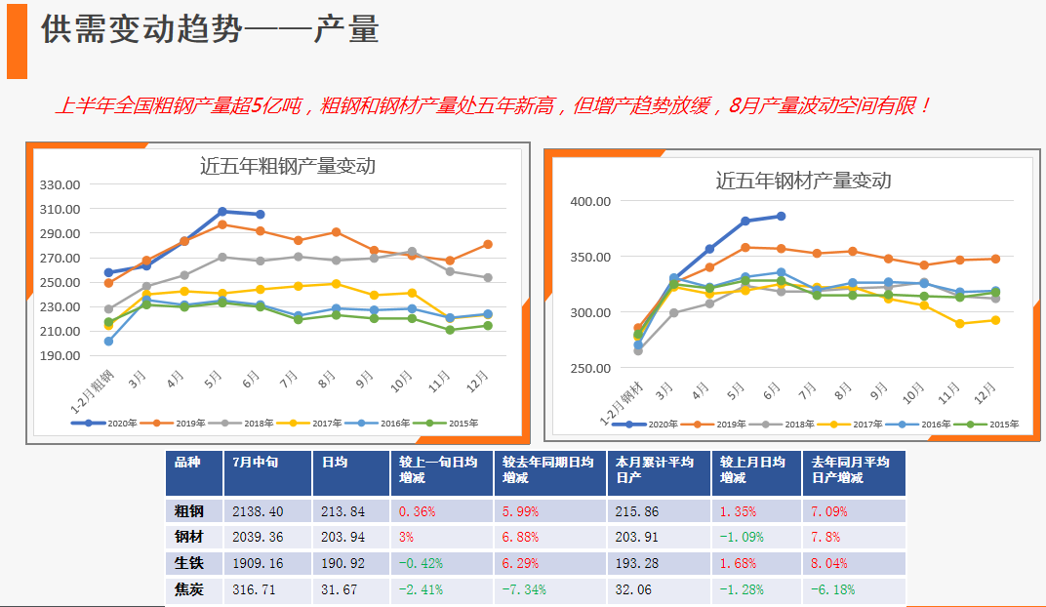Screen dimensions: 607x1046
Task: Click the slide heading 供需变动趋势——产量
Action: [209, 30]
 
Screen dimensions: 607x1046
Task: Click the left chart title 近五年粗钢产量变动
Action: [287, 166]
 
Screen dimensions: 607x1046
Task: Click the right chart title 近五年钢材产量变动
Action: [802, 181]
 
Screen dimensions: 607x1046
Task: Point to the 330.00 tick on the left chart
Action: [60, 184]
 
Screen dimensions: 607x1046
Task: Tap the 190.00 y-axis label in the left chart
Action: [60, 355]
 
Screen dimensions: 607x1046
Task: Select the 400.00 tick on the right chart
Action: [590, 202]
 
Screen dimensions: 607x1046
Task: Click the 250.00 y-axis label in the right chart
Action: [590, 368]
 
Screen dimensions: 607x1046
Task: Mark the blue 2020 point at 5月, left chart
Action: [222, 212]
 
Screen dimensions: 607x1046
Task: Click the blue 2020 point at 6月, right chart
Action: [781, 216]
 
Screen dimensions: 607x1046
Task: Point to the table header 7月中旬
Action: [256, 463]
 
